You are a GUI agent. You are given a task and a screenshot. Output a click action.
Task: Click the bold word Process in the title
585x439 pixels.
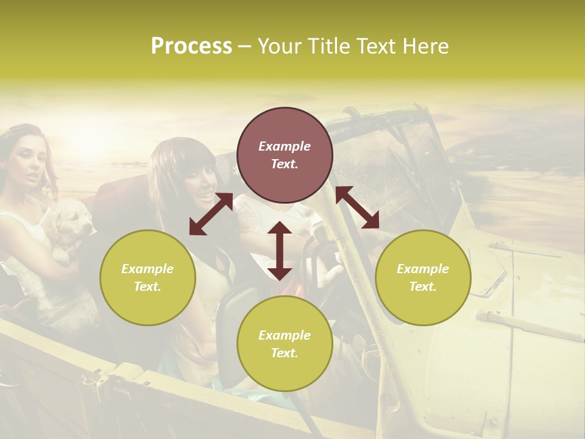[191, 46]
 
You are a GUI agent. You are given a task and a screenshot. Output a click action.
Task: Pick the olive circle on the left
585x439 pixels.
[147, 277]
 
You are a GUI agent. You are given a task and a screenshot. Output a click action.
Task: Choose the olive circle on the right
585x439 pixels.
[422, 277]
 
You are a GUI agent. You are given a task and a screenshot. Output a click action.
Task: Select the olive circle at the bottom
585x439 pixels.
[285, 344]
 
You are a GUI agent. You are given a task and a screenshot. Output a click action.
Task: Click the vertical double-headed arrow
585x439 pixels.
[280, 251]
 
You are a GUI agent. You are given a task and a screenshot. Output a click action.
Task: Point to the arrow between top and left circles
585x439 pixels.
[211, 214]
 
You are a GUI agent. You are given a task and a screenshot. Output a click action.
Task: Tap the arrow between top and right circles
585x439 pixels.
[357, 207]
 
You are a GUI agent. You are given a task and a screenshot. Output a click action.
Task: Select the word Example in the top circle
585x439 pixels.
[285, 146]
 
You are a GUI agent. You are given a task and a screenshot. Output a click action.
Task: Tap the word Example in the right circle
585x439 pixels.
[422, 269]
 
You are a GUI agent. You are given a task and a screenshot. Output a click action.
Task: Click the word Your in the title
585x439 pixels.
[278, 46]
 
